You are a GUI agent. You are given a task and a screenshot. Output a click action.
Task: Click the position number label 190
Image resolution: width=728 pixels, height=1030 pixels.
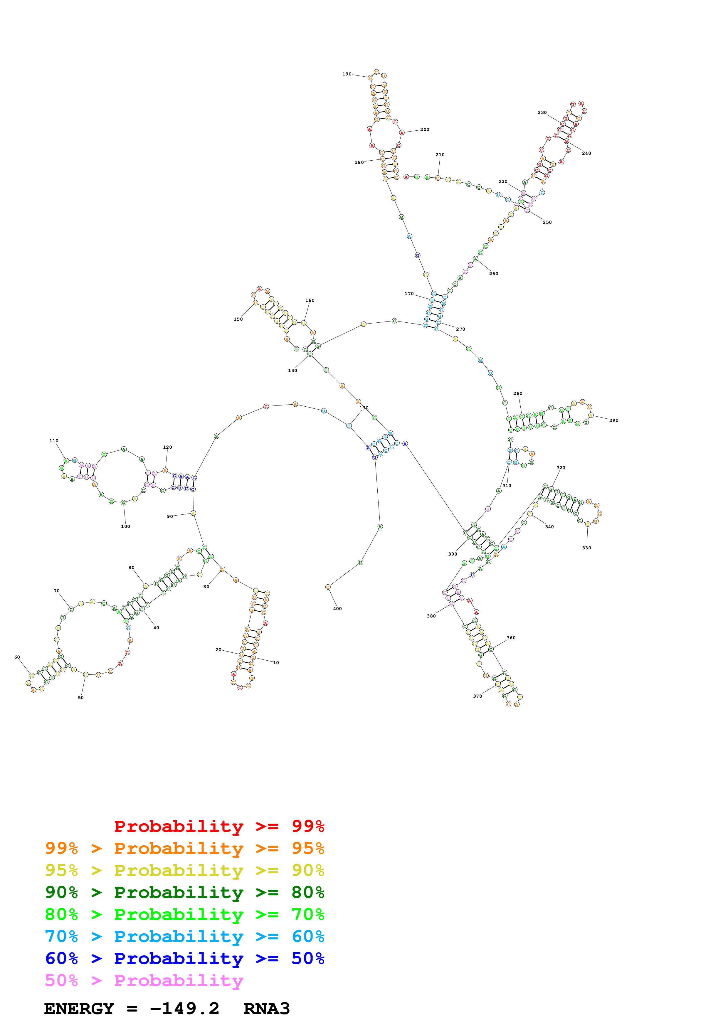[x=347, y=74]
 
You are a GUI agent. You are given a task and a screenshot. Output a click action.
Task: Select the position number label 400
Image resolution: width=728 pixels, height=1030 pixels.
[x=337, y=609]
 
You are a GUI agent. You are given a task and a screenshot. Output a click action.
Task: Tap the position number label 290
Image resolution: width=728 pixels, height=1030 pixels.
[x=614, y=420]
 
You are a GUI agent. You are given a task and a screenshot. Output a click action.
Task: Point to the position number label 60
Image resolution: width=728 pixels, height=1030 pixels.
[x=17, y=657]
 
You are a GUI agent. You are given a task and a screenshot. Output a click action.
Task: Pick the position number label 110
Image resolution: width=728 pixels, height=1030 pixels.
[x=54, y=440]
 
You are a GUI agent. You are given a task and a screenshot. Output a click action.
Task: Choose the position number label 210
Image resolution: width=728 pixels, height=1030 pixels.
[x=440, y=155]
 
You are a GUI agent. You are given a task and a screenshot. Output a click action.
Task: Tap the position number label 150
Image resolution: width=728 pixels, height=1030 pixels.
[x=238, y=319]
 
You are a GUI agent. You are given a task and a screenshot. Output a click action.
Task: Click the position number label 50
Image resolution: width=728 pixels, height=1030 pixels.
[x=81, y=698]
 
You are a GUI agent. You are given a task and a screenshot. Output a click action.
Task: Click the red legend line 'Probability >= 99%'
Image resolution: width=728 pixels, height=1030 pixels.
[x=219, y=826]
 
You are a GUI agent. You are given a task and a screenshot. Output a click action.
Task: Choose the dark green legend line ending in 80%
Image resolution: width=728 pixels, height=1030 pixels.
[x=185, y=892]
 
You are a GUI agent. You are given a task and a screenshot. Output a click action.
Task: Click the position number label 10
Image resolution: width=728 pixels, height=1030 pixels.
[x=276, y=663]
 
